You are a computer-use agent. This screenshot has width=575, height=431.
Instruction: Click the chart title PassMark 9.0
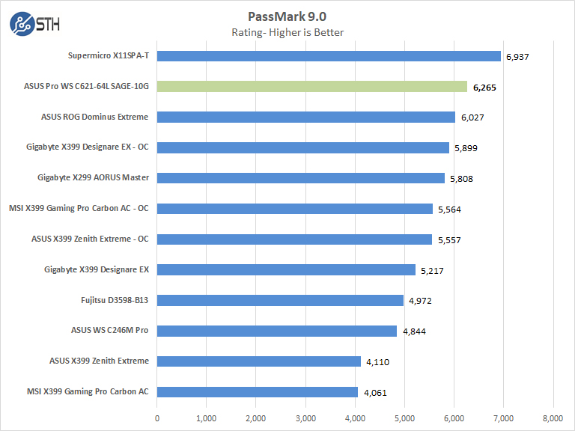pyautogui.click(x=287, y=16)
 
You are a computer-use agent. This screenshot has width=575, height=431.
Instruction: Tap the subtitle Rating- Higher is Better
pyautogui.click(x=287, y=31)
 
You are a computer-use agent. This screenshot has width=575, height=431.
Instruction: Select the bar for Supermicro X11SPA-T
pyautogui.click(x=329, y=55)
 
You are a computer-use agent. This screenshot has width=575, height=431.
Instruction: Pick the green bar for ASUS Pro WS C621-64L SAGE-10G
pyautogui.click(x=312, y=86)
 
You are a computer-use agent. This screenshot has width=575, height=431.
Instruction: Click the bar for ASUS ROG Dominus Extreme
pyautogui.click(x=306, y=117)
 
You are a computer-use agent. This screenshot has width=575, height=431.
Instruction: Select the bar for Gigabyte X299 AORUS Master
pyautogui.click(x=301, y=178)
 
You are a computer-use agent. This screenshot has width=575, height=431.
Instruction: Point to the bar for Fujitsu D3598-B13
pyautogui.click(x=280, y=300)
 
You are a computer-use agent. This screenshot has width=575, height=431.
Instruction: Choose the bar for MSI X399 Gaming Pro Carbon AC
pyautogui.click(x=258, y=392)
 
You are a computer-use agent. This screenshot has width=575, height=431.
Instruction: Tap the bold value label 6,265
pyautogui.click(x=485, y=87)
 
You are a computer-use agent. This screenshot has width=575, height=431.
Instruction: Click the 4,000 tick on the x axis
pyautogui.click(x=355, y=417)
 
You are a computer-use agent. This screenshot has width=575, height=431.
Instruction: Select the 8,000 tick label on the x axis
pyautogui.click(x=553, y=417)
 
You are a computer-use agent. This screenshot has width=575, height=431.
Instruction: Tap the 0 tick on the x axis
pyautogui.click(x=157, y=417)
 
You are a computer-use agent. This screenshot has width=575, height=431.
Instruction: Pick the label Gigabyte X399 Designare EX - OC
pyautogui.click(x=87, y=147)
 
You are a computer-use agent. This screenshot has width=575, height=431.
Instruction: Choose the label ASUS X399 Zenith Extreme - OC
pyautogui.click(x=90, y=239)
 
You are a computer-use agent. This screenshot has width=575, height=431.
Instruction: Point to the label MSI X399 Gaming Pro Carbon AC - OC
pyautogui.click(x=79, y=208)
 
